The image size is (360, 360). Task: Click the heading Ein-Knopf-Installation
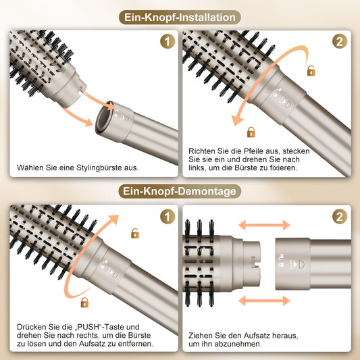(180, 16)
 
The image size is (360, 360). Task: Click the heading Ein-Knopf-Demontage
(180, 192)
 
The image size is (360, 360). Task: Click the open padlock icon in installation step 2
(311, 70)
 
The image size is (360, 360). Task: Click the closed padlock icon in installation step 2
(251, 132)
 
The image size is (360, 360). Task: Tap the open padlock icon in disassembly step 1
(135, 234)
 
